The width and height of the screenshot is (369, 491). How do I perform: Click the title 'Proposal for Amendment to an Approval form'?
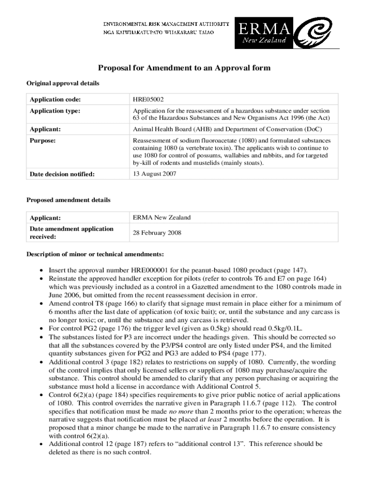184,68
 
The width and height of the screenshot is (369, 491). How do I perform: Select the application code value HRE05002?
148,100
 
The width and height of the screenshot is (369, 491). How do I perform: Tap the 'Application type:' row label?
55,111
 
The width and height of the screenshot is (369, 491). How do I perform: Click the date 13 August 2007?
154,174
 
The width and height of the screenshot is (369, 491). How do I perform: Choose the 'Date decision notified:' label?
62,175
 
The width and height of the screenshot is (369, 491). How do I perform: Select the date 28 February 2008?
157,233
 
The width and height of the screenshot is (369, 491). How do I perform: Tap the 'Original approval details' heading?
62,83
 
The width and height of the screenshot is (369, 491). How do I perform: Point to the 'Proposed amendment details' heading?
68,200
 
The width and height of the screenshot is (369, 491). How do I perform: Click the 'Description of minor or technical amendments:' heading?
95,254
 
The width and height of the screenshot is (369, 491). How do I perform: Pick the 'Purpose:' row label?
43,141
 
